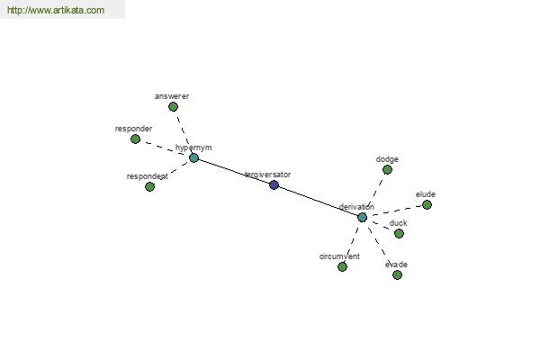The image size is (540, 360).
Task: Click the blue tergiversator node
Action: (274, 185)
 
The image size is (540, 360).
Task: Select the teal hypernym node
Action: (193, 158)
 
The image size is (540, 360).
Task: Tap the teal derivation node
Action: (362, 218)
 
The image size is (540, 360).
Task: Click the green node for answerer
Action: (173, 107)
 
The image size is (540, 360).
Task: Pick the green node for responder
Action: (135, 139)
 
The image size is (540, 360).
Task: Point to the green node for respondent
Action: (149, 186)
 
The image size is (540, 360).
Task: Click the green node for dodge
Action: (387, 169)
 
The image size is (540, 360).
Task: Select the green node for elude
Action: (427, 205)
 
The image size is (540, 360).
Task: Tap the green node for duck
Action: (399, 234)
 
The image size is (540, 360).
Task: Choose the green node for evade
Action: (397, 274)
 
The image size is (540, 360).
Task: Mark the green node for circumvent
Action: (342, 266)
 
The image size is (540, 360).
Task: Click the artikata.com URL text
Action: (56, 10)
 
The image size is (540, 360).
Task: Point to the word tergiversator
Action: (268, 175)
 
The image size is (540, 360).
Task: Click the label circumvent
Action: (339, 256)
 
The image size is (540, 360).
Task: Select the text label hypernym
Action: (193, 148)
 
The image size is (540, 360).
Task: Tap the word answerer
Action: (172, 96)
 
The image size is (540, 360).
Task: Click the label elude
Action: (426, 194)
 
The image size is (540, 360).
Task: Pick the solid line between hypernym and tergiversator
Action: (234, 172)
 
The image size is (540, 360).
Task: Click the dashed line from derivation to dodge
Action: (375, 192)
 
